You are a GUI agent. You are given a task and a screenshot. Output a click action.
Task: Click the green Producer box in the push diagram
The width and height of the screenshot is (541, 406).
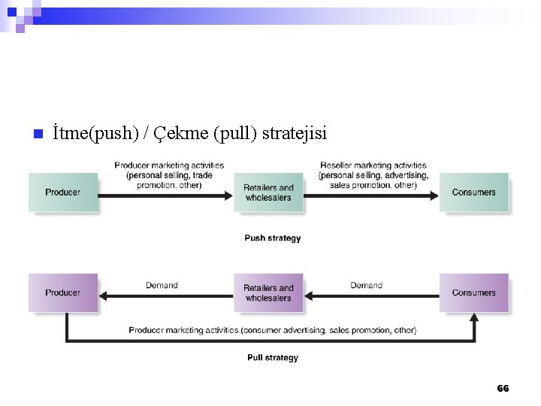[63, 192]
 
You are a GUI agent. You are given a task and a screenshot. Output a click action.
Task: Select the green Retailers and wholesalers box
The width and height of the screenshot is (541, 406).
[268, 192]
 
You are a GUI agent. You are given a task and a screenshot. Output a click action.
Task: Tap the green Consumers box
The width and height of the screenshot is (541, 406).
[473, 192]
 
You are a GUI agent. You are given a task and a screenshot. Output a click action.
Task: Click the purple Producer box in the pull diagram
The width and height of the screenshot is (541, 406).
[63, 292]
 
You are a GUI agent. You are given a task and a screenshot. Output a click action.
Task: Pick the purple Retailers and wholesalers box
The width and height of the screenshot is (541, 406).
[268, 292]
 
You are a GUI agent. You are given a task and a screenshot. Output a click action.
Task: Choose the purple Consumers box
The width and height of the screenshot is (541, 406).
[473, 292]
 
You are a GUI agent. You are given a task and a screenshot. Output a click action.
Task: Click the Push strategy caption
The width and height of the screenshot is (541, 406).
[273, 238]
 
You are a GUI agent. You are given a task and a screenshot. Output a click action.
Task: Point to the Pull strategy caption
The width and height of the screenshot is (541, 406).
[273, 358]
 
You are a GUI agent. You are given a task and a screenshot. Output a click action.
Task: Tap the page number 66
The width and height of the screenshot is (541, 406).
[503, 389]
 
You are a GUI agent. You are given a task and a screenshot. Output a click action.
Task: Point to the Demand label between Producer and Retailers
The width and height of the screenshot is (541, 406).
[162, 285]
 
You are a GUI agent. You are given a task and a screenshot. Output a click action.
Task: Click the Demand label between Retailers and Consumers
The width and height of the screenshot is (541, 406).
[366, 285]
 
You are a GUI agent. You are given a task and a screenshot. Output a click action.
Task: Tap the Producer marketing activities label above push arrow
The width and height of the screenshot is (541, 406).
[169, 175]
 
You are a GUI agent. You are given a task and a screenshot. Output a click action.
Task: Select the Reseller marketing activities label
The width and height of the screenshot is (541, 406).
[373, 175]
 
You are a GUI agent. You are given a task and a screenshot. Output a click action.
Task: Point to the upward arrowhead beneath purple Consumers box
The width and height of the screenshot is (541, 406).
[474, 318]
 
